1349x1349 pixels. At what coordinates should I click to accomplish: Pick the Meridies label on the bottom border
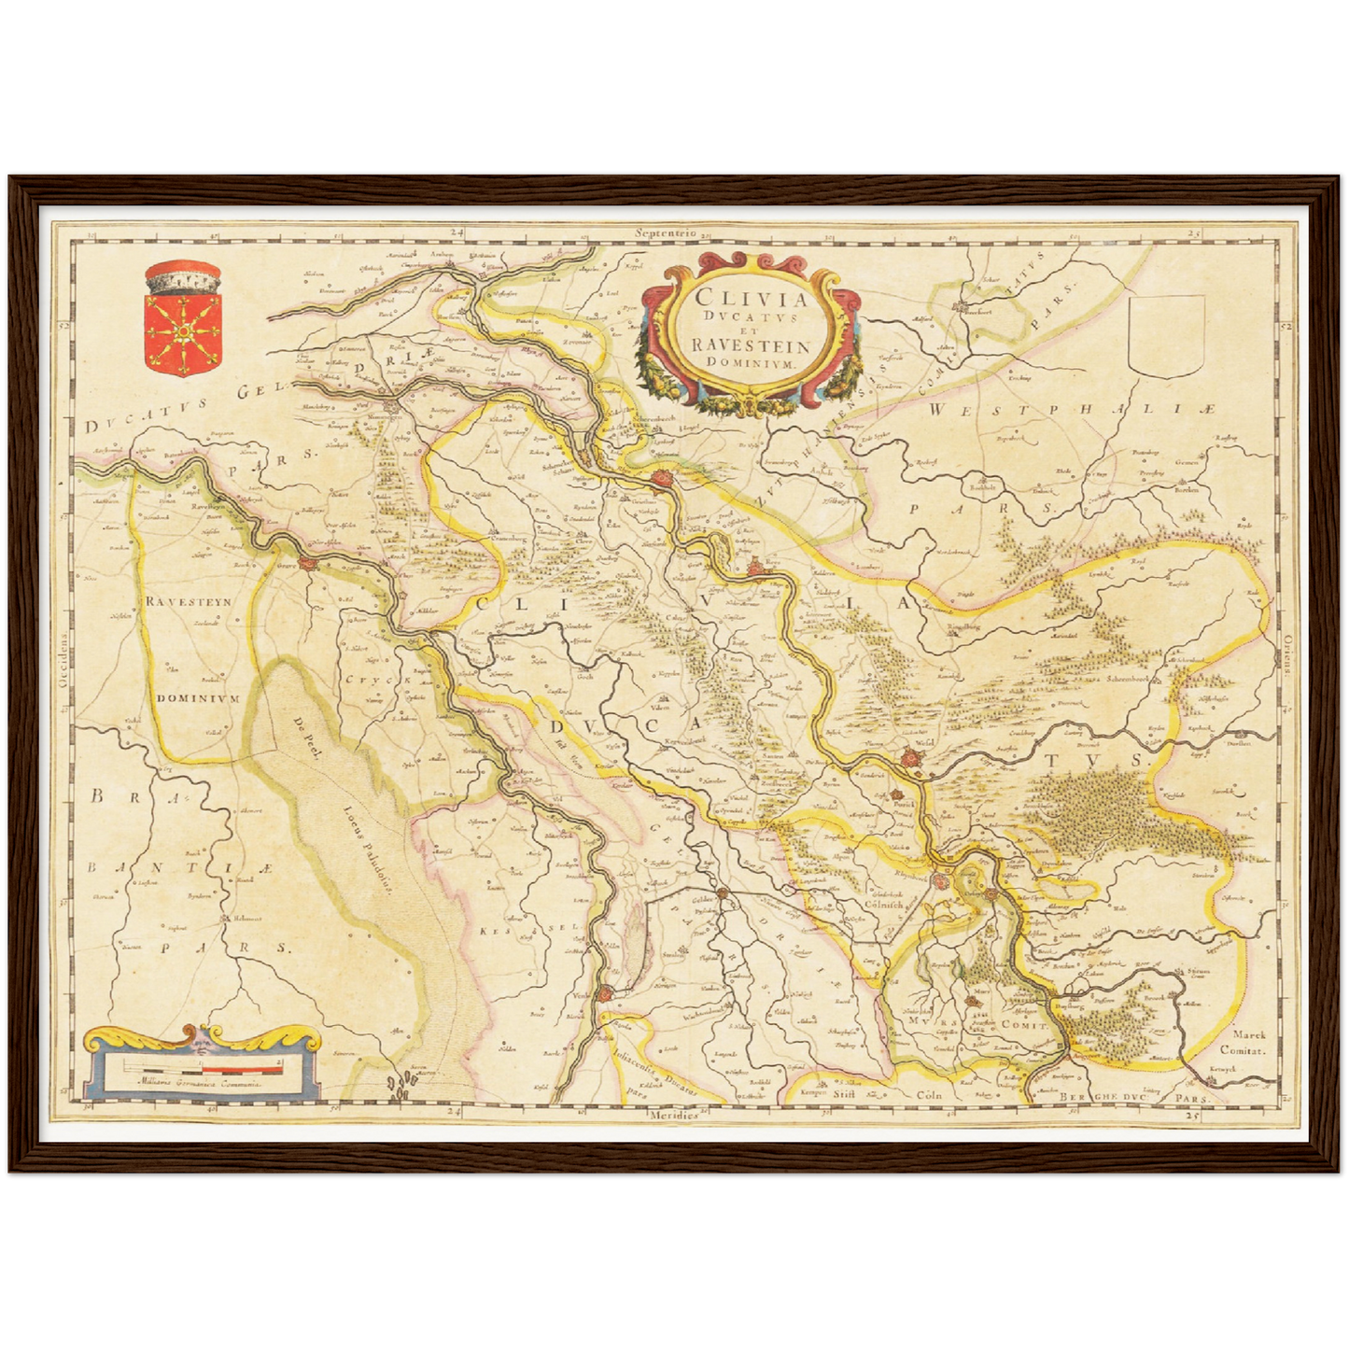click(675, 1116)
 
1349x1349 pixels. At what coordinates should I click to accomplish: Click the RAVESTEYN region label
click(189, 602)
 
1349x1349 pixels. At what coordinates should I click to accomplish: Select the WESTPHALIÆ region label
click(1074, 410)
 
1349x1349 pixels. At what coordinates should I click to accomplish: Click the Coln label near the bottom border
click(928, 1094)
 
